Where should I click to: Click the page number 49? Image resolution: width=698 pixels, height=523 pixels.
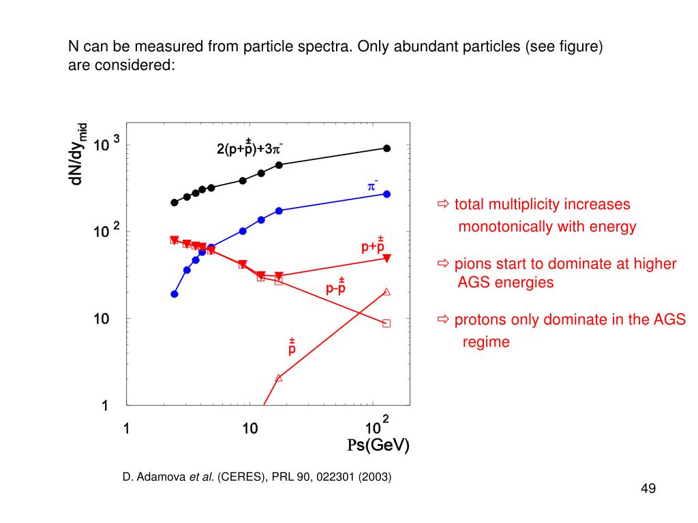[648, 489]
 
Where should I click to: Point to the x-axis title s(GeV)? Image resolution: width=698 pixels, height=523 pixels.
[378, 445]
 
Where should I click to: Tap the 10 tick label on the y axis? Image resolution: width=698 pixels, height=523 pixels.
[102, 319]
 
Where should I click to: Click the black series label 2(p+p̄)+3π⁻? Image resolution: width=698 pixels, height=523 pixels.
[250, 148]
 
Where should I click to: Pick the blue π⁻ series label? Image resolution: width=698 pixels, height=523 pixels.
[373, 185]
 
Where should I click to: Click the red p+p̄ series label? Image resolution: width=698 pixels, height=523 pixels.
[372, 246]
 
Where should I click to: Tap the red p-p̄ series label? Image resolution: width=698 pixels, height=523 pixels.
[335, 288]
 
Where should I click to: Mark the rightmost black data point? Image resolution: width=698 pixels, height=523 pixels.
[386, 148]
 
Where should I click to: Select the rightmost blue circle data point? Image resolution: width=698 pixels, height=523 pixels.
[386, 194]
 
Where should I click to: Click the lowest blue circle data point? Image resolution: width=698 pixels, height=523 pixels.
[174, 294]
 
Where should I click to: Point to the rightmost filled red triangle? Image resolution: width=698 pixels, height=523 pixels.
[386, 258]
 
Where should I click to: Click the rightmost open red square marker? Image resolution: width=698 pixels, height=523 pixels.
[386, 323]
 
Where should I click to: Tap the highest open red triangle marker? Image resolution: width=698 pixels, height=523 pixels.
[386, 291]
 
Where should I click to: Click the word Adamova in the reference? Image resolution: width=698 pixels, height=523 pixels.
[161, 477]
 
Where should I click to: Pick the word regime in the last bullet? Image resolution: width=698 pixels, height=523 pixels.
[486, 342]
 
